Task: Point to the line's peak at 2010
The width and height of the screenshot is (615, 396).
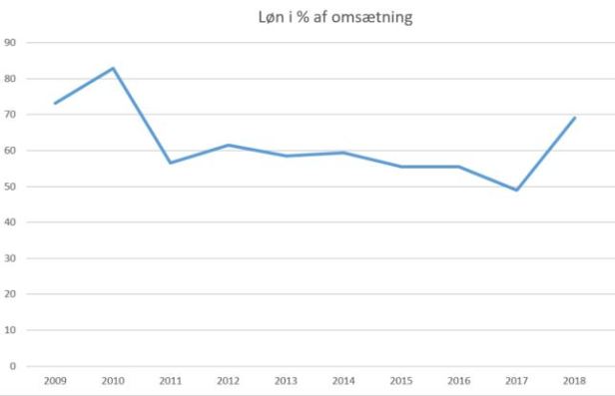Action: [113, 68]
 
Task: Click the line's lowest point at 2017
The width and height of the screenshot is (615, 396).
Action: [517, 190]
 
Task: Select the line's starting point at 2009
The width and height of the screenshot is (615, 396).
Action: [55, 103]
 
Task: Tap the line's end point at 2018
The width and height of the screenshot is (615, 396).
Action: [575, 118]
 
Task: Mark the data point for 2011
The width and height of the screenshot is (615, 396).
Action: [171, 163]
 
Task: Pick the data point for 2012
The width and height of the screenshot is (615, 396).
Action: [229, 145]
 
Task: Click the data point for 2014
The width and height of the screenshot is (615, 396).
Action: [344, 153]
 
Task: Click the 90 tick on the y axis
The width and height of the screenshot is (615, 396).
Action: [11, 43]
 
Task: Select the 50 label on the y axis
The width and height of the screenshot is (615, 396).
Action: [11, 187]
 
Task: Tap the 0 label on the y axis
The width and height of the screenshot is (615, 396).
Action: [13, 366]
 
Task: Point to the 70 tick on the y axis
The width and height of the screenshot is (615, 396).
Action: [11, 115]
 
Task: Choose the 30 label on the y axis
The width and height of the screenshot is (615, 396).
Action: [11, 258]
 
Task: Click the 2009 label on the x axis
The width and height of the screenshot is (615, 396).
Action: [55, 380]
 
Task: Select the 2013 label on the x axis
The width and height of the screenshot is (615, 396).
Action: [287, 380]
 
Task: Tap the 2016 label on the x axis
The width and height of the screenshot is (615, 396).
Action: [459, 380]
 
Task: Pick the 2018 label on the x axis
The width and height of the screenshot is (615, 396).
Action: [575, 380]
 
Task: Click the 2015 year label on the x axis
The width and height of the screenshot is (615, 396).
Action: [401, 380]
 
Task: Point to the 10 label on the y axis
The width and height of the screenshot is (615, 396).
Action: [11, 330]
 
